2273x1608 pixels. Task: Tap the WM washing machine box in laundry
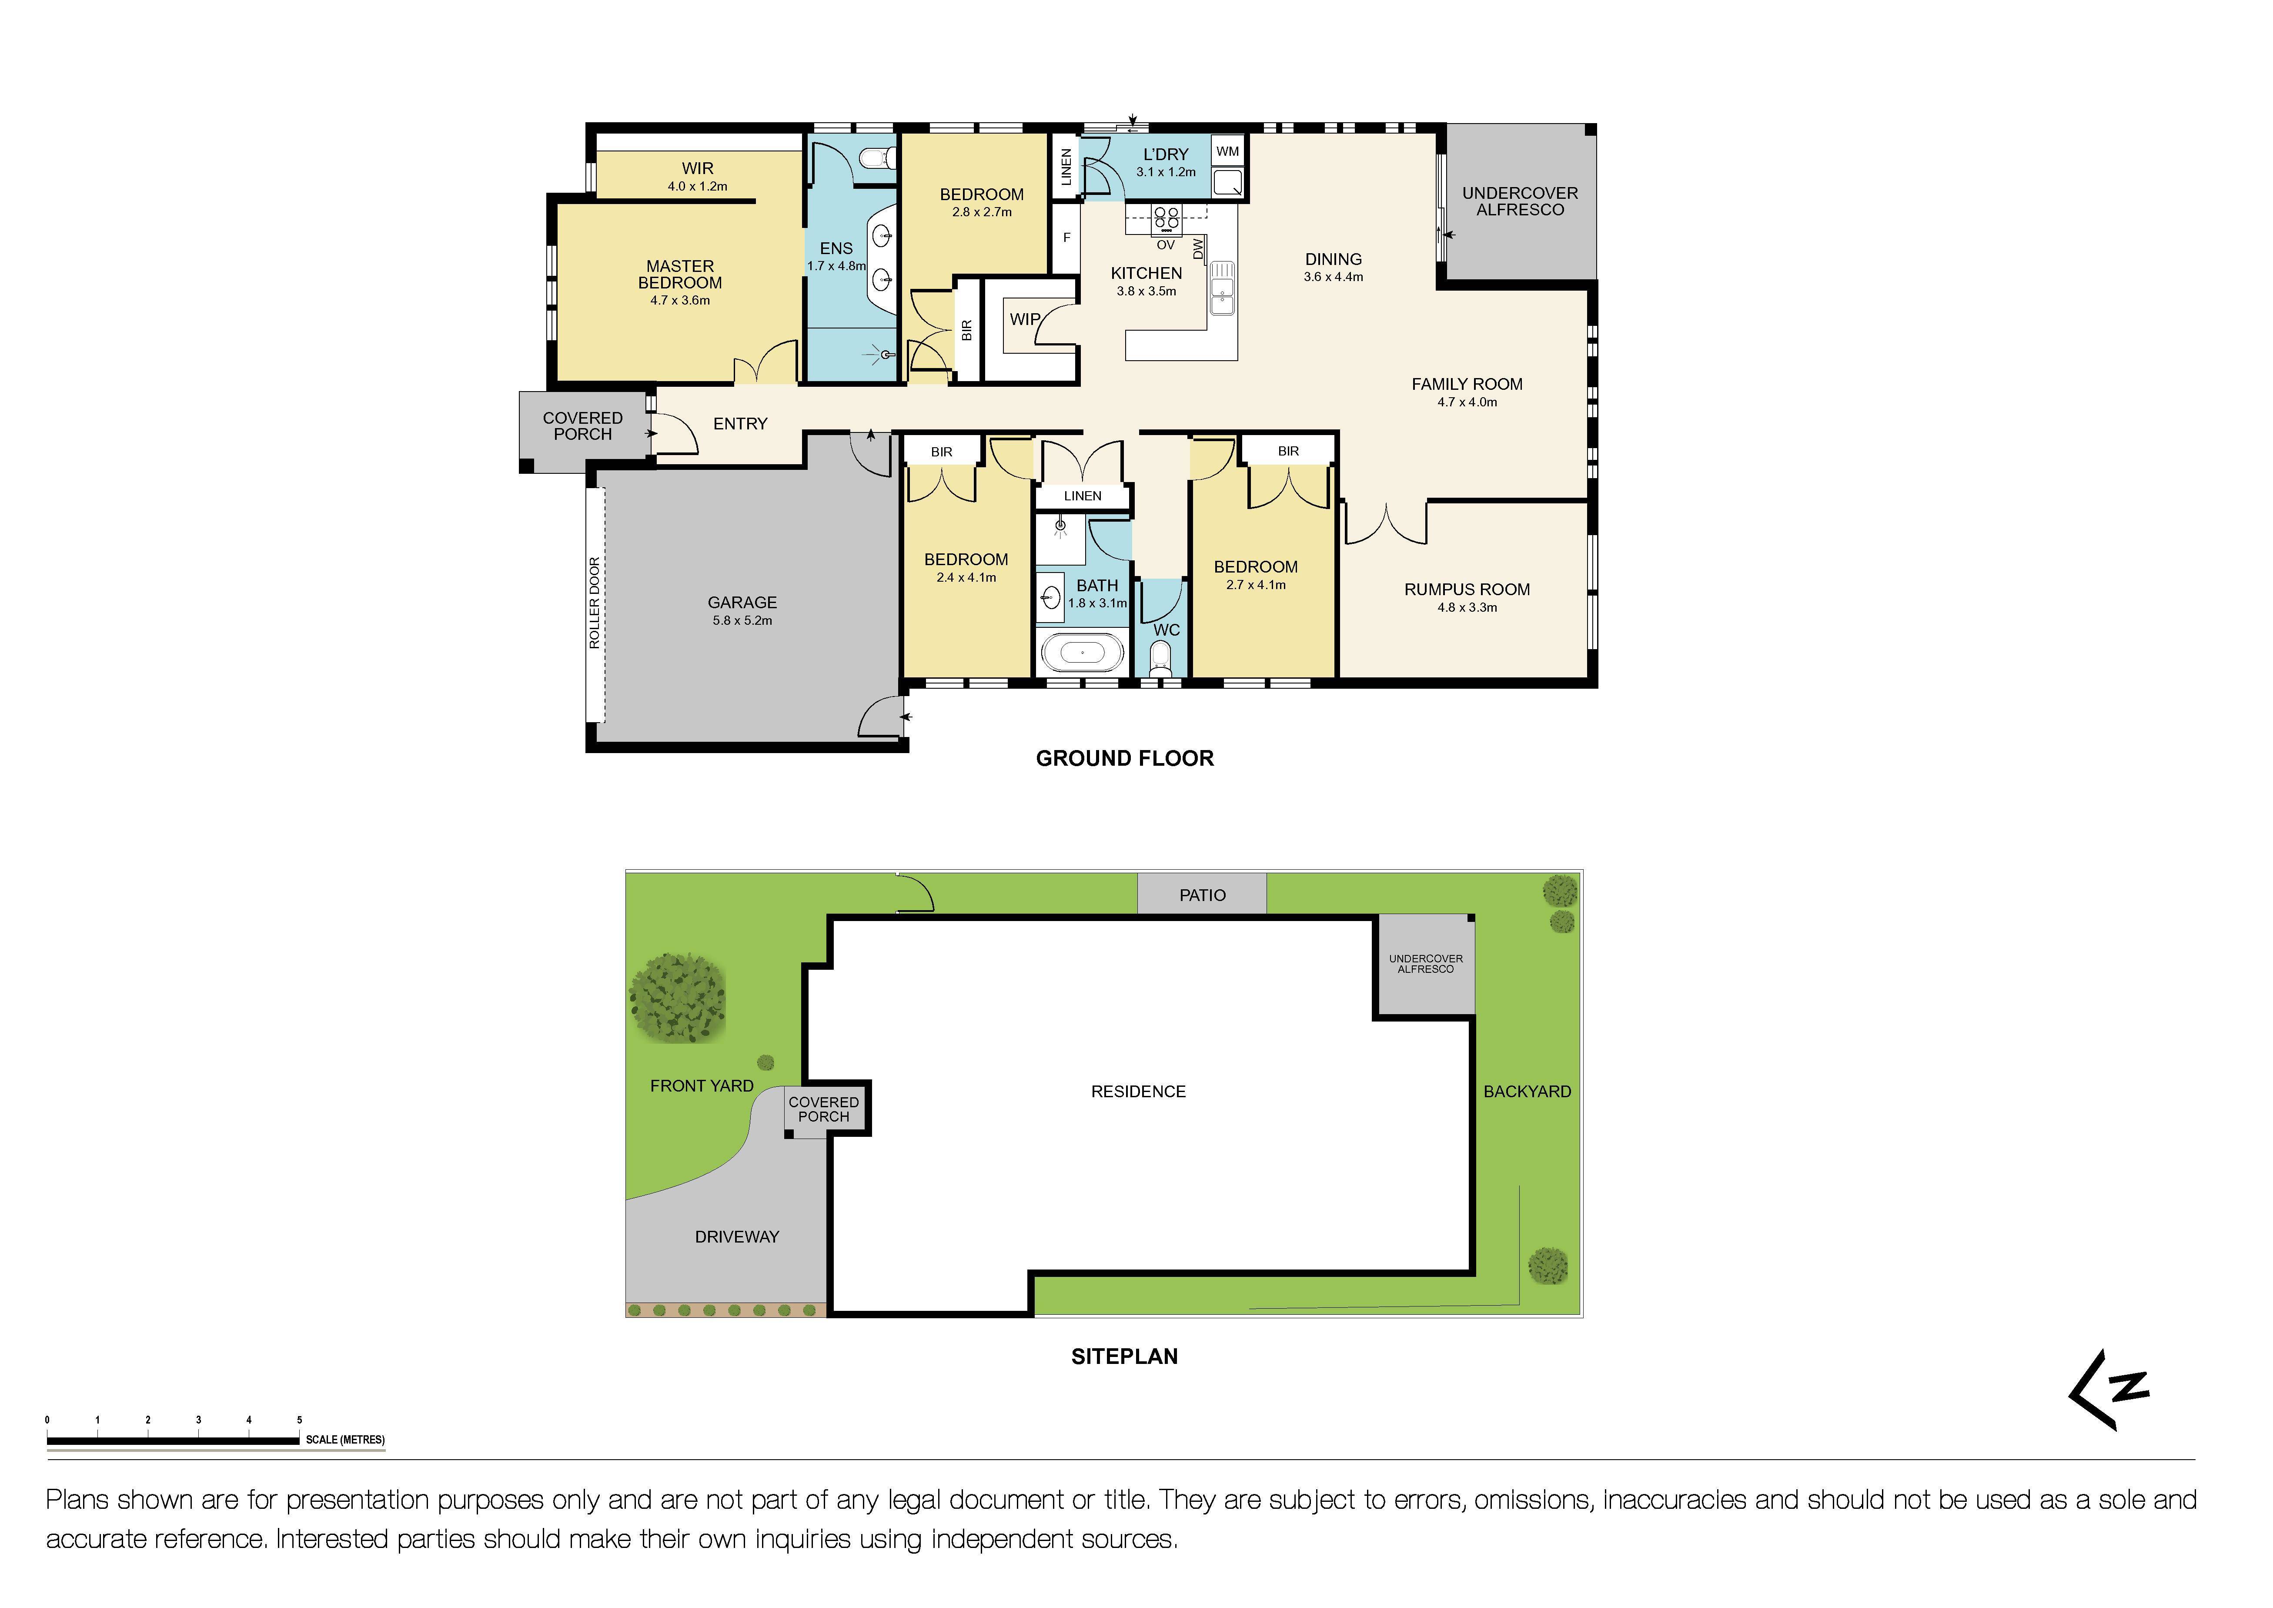coord(1227,151)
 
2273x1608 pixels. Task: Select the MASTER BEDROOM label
coord(680,274)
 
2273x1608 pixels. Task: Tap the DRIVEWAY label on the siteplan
coord(736,1237)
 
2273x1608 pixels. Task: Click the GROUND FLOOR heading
coord(1125,758)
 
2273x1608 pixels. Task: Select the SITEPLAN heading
coord(1125,1357)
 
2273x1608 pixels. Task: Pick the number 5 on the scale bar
coord(299,1420)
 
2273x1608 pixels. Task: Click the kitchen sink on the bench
coord(1223,287)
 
